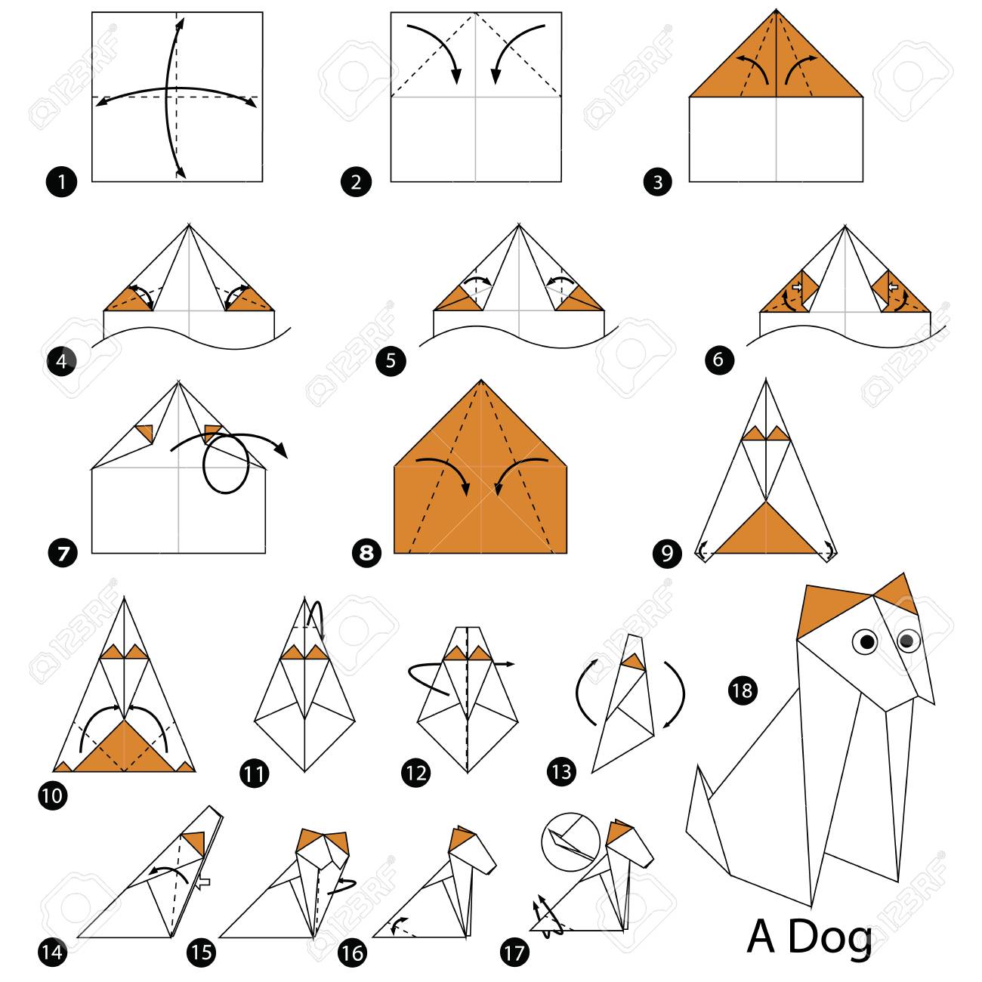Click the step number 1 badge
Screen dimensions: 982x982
click(61, 182)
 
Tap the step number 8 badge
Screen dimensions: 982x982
click(366, 553)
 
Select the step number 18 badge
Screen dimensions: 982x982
click(743, 690)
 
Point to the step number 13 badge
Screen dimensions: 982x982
click(561, 771)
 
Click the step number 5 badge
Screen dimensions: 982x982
click(391, 361)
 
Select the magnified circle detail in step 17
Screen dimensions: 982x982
click(570, 842)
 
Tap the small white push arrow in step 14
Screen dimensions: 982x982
click(203, 882)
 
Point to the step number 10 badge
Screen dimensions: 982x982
click(52, 795)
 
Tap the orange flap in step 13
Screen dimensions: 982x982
click(634, 662)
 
